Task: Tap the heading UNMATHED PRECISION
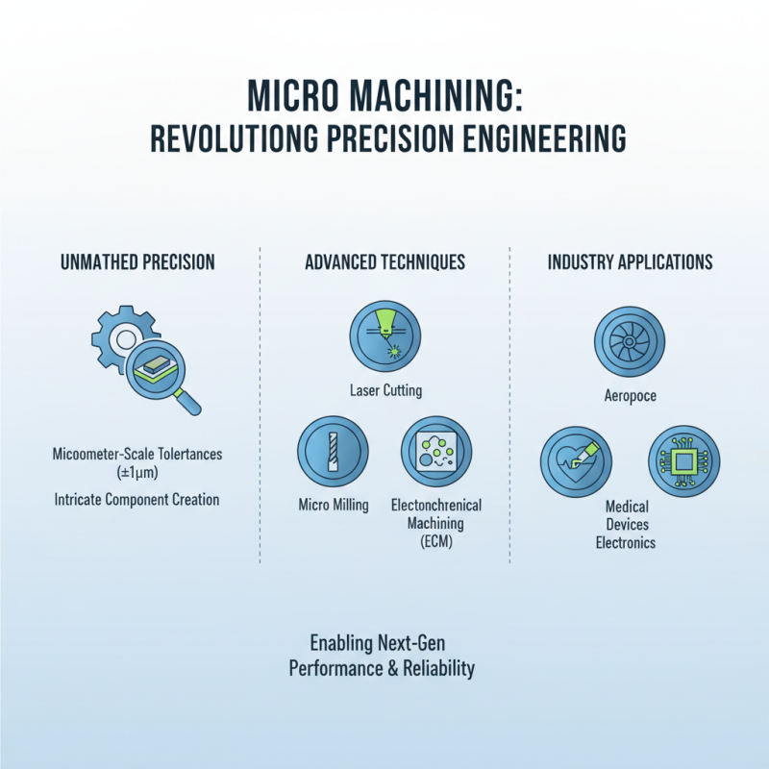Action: pyautogui.click(x=136, y=261)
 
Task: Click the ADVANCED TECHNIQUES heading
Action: pyautogui.click(x=384, y=261)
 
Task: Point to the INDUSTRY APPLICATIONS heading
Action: pyautogui.click(x=630, y=261)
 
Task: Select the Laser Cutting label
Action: pyautogui.click(x=384, y=391)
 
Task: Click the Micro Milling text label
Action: pyautogui.click(x=333, y=506)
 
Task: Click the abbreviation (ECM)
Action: pyautogui.click(x=435, y=542)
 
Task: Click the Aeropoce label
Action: pyautogui.click(x=630, y=396)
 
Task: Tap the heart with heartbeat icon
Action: pyautogui.click(x=575, y=462)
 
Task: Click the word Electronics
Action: pyautogui.click(x=626, y=543)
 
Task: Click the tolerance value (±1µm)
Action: pyautogui.click(x=136, y=473)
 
